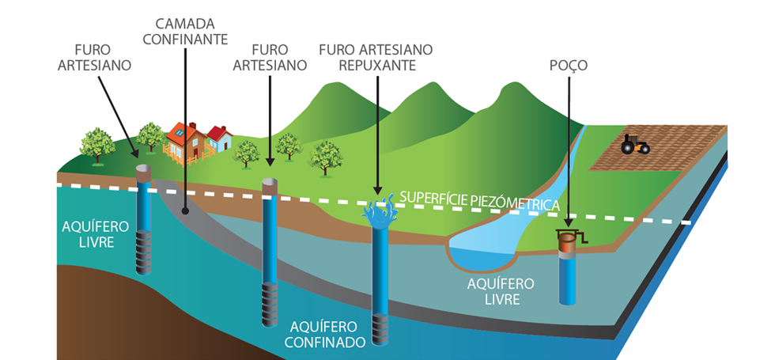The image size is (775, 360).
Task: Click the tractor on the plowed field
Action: point(634,144)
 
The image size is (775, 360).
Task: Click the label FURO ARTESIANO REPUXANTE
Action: point(376,57)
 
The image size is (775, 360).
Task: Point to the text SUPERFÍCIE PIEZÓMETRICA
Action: point(480,200)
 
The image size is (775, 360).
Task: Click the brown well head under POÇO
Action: point(565,244)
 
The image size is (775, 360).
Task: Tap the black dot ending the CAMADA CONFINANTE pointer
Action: point(184,211)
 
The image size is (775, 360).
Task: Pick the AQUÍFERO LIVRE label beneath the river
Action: point(501,290)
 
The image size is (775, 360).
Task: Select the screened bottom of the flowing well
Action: point(382,324)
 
